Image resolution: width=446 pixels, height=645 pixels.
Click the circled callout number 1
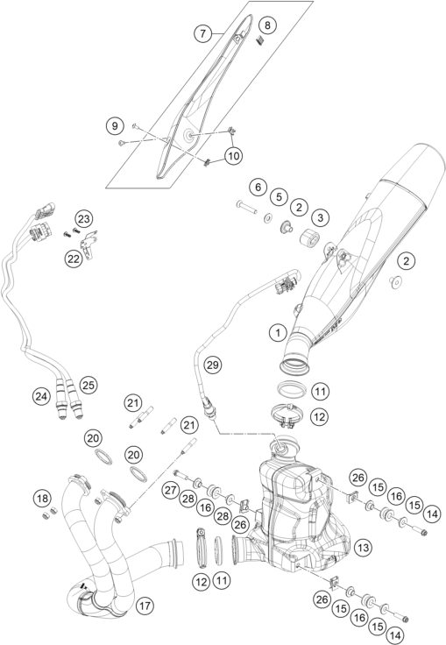click(x=276, y=333)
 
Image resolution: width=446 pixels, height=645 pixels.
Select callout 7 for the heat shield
click(x=202, y=34)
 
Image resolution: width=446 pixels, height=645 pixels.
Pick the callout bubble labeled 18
click(x=41, y=499)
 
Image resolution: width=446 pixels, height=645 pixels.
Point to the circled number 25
click(x=86, y=383)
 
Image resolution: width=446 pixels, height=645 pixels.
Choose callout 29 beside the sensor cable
click(x=210, y=364)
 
